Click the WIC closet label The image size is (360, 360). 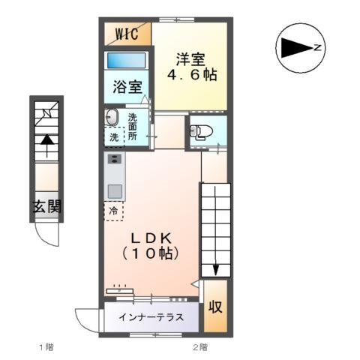pyautogui.click(x=125, y=34)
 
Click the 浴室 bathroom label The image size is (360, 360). pyautogui.click(x=127, y=87)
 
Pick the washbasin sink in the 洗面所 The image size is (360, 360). pyautogui.click(x=112, y=118)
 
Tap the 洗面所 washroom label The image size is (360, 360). pyautogui.click(x=132, y=127)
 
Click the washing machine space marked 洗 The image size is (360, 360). pyautogui.click(x=112, y=137)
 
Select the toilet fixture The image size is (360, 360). pyautogui.click(x=200, y=133)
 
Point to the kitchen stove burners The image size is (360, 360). pyautogui.click(x=114, y=159)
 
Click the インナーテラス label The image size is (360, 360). pyautogui.click(x=151, y=317)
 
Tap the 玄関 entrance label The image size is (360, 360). pyautogui.click(x=46, y=208)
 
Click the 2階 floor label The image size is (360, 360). pyautogui.click(x=199, y=347)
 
